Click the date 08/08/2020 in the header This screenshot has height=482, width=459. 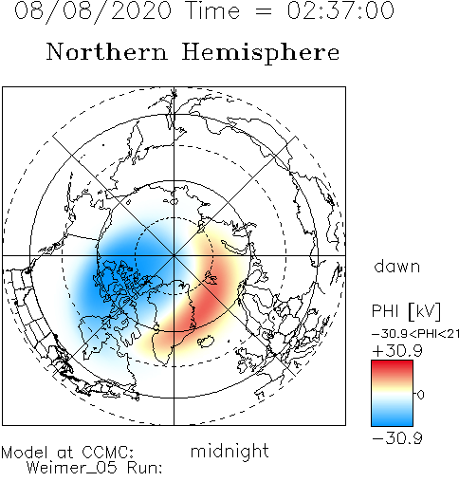tap(93, 11)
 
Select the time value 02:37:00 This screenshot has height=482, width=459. tap(340, 10)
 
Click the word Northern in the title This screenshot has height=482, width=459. tap(107, 52)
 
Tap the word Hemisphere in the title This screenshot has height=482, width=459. tap(261, 53)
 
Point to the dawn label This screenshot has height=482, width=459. tap(397, 267)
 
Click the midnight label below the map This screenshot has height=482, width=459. tap(229, 452)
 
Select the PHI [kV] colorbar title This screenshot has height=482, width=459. tap(406, 311)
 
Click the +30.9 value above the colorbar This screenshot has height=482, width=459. tap(397, 351)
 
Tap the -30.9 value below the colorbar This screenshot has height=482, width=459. tap(397, 438)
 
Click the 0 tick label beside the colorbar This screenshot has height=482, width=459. tap(421, 395)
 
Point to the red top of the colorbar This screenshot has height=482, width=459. tap(392, 367)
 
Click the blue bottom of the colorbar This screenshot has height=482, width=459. tap(392, 419)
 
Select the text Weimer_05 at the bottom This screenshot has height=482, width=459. tap(71, 468)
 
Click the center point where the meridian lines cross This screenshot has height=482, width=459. tap(174, 255)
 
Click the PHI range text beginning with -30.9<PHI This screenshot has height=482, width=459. tap(415, 334)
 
